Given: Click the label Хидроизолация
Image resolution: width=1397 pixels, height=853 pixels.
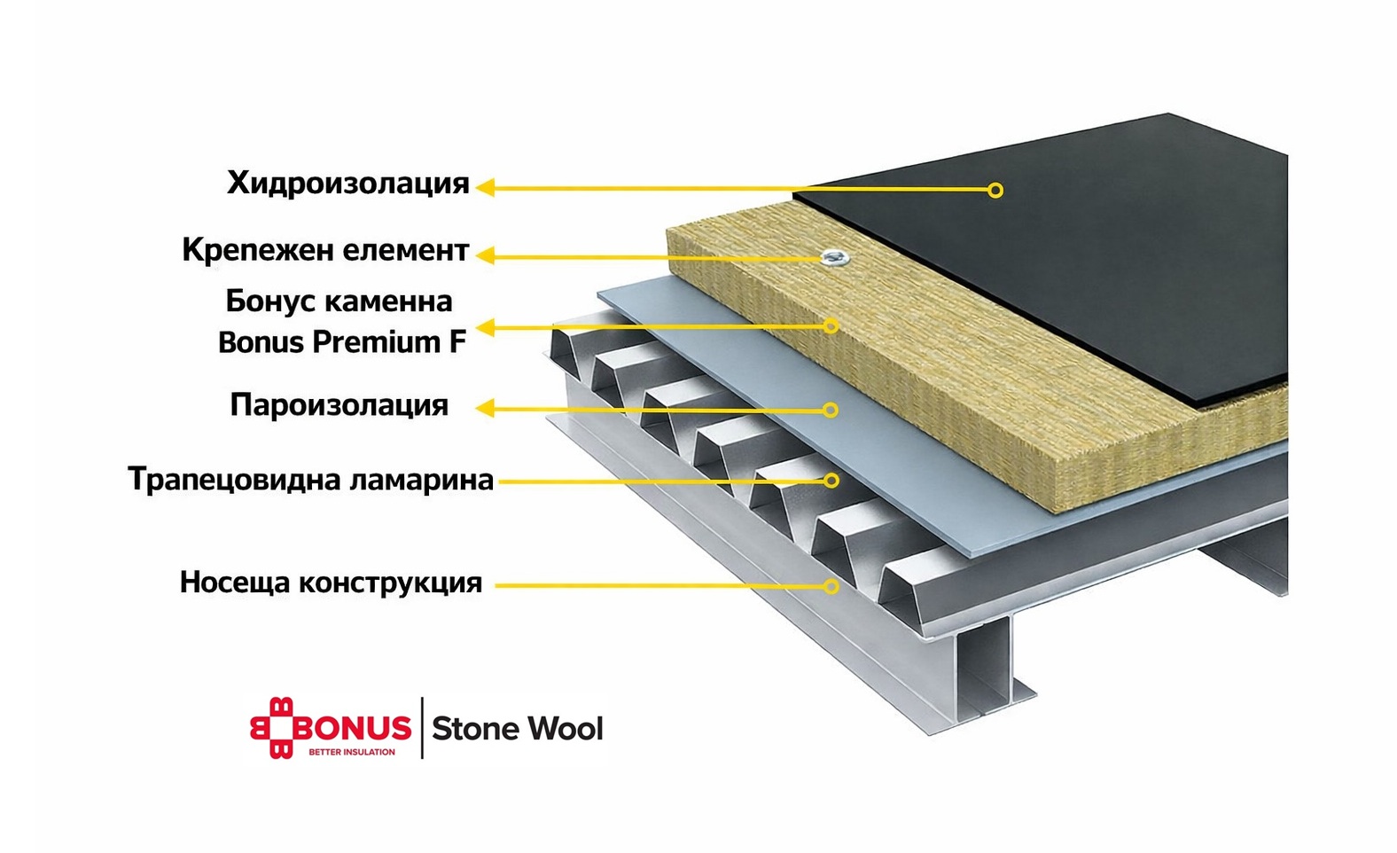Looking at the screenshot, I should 347,184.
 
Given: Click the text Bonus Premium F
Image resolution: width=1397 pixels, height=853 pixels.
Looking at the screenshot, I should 341,342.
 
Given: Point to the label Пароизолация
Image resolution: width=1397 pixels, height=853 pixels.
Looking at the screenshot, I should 339,405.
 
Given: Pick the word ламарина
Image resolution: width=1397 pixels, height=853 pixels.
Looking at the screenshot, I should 421,480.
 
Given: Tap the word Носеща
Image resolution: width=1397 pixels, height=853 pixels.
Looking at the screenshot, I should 234,583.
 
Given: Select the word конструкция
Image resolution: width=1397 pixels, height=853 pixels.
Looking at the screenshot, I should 390,583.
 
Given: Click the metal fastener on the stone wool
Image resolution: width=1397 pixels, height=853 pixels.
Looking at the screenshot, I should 834,256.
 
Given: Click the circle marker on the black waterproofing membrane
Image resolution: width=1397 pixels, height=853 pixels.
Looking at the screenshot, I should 995,190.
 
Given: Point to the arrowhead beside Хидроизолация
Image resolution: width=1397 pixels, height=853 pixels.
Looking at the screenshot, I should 485,187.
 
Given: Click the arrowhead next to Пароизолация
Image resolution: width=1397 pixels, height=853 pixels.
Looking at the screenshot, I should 485,408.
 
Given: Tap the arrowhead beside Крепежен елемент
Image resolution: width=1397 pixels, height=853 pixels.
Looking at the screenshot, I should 485,255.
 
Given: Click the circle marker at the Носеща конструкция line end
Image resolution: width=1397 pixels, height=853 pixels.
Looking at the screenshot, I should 831,586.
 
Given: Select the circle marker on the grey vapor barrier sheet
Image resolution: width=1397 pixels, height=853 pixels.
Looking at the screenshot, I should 831,410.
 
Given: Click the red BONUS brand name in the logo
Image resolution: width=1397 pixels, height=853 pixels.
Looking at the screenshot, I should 353,729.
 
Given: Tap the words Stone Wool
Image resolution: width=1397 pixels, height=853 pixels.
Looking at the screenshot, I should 518,729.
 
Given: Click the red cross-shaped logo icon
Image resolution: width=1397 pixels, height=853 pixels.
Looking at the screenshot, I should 270,729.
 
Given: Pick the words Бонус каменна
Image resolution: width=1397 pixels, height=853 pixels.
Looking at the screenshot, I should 339,301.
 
